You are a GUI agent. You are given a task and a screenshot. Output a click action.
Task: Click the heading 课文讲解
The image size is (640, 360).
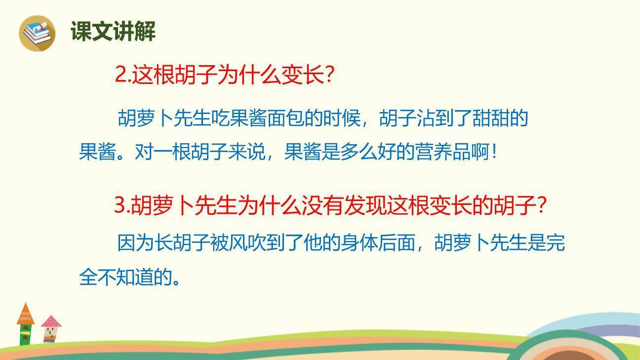click(x=113, y=32)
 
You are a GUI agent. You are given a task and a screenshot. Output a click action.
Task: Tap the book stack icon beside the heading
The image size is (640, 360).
click(x=37, y=33)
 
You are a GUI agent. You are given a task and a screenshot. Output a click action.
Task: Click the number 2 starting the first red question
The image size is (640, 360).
click(x=120, y=76)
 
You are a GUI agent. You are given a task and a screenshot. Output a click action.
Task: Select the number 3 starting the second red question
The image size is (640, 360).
click(x=120, y=205)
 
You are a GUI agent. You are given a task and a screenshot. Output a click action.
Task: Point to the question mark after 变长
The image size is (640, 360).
click(x=330, y=76)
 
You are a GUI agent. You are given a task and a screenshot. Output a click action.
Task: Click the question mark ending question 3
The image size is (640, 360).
click(x=541, y=205)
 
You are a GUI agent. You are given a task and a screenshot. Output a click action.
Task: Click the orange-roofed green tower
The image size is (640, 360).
click(x=26, y=324)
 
